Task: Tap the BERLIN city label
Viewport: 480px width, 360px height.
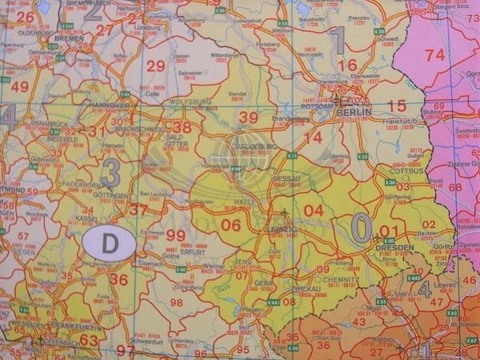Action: pos(355,113)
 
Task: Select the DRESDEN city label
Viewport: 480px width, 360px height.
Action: pos(394,248)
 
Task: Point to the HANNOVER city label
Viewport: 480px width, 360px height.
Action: pos(109,105)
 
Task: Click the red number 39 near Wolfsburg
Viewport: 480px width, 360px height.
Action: pos(248,118)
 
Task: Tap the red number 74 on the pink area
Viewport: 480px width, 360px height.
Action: pos(434,55)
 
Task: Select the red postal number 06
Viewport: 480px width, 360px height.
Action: pos(230,226)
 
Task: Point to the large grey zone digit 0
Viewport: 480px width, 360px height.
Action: pos(362,229)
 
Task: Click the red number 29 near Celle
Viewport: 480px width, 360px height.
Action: pos(155,66)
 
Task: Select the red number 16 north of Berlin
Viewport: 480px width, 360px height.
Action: pos(346,66)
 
